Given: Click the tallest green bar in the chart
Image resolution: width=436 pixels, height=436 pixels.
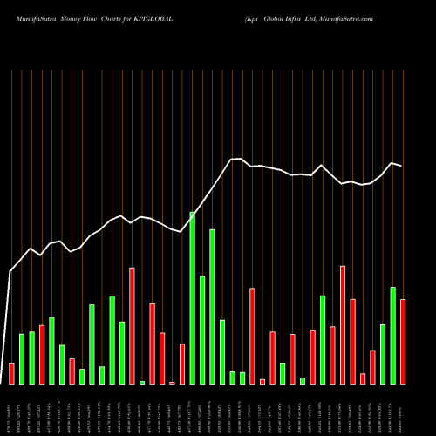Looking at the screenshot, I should point(192,297).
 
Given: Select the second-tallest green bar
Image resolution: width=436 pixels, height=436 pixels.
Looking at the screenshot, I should point(212,306).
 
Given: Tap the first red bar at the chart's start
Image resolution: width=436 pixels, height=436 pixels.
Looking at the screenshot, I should point(11,373).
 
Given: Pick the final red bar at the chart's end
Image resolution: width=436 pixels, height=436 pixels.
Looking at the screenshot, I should point(403,341).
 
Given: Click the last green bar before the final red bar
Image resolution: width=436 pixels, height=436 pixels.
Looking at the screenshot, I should point(392,335).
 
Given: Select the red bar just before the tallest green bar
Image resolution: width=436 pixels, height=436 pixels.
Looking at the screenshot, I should point(181,364).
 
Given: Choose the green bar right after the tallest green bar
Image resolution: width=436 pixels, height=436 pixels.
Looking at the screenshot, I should point(202,330).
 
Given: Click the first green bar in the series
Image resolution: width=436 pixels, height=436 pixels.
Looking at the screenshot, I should point(22,358).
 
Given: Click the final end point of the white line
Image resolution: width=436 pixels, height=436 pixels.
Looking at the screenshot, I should point(402,166).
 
